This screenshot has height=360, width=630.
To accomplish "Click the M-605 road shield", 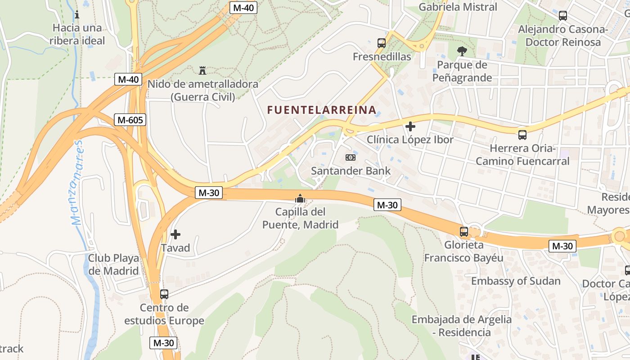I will coord(130,120).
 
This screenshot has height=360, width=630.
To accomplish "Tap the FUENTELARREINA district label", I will coord(322,110).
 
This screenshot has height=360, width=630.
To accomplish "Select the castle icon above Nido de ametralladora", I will coord(202,70).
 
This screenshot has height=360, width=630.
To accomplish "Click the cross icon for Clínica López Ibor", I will coord(410,126).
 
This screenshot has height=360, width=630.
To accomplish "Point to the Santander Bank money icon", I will coord(351,157).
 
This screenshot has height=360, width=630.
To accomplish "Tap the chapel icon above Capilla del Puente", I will coord(300,198).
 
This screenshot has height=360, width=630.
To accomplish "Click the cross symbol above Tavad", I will coord(175,234).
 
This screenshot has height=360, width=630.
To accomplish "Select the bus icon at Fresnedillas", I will coord(382,43).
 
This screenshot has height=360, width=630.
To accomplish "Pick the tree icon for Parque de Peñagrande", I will coord(462,51).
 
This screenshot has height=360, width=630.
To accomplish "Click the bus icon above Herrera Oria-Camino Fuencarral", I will coord(522,135).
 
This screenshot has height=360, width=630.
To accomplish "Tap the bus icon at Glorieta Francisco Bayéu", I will coord(464,232).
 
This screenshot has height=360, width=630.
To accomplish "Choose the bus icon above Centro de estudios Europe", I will coord(164,294).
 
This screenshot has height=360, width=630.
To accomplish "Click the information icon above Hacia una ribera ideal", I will coord(77,14).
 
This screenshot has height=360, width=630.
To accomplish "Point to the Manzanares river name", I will coord(77,182).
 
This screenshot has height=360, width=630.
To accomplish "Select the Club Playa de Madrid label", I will coord(113,265).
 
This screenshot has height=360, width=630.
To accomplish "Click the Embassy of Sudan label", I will coord(516,281).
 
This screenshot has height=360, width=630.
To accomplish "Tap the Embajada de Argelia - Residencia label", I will coord(462,326).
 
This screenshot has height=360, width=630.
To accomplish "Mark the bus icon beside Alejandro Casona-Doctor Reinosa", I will coord(562,16).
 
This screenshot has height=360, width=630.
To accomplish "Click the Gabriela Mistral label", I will coord(458,7).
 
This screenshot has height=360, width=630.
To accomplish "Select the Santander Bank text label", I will coord(351,171).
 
